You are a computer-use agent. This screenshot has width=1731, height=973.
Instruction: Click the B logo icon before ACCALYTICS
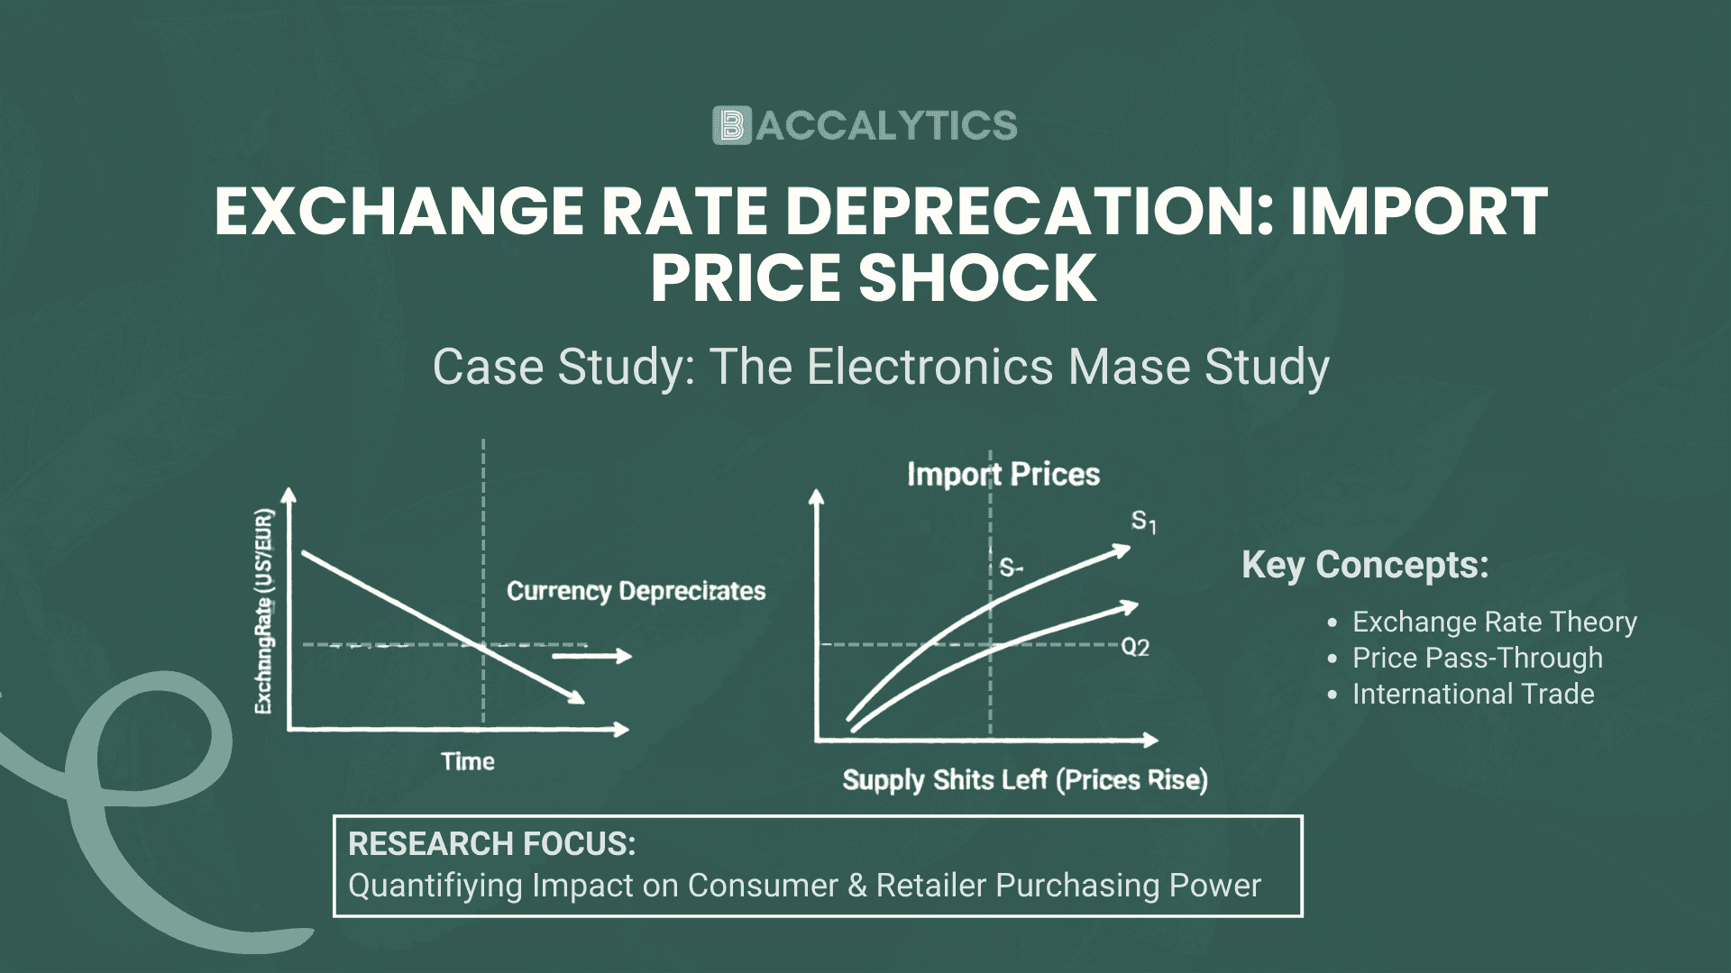point(731,126)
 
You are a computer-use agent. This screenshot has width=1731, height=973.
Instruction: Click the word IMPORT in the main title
point(1418,212)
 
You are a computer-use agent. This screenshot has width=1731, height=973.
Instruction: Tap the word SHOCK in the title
point(977,277)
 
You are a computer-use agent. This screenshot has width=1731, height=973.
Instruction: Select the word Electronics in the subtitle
point(930,367)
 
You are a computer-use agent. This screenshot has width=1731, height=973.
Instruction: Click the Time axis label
point(468,762)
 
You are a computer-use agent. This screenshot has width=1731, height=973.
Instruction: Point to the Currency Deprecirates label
point(636,591)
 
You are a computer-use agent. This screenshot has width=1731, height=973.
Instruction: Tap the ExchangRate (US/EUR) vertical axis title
point(263,612)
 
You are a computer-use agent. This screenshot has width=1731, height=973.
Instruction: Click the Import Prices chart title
point(1003,475)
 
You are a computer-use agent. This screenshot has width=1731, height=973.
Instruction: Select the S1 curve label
point(1143,522)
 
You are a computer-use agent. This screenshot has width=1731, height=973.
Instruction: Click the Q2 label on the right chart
point(1135,648)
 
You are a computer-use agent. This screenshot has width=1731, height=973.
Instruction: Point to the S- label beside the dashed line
point(1011,568)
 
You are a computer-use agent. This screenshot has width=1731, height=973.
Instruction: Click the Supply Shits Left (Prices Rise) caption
point(1025,780)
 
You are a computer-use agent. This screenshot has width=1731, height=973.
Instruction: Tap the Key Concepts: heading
point(1365,566)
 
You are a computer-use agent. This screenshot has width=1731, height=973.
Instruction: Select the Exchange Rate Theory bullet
point(1494,622)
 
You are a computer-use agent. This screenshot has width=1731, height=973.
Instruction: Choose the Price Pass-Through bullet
point(1477,658)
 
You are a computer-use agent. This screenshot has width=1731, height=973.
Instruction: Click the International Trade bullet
point(1473,694)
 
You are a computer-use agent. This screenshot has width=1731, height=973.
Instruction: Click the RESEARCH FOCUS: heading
point(492,844)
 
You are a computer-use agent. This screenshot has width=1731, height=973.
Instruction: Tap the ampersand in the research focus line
point(857,886)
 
